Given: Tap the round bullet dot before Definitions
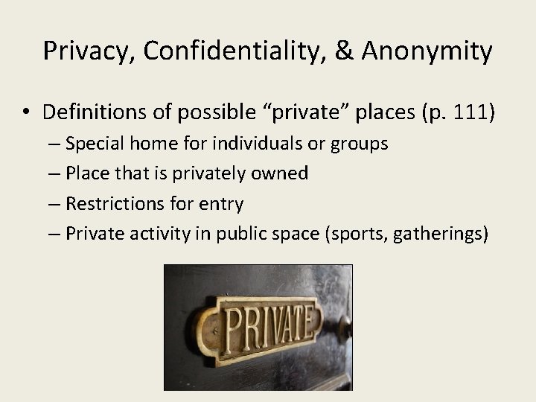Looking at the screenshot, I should coord(26,113).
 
